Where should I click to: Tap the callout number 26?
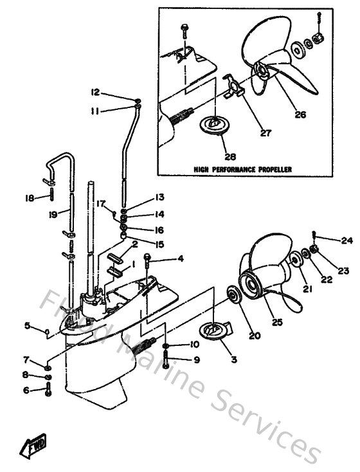click(300, 115)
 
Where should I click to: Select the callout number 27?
click(265, 134)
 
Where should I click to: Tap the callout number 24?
click(329, 241)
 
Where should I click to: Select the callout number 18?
click(29, 198)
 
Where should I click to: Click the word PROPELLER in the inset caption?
click(272, 169)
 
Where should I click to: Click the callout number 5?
click(28, 325)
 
